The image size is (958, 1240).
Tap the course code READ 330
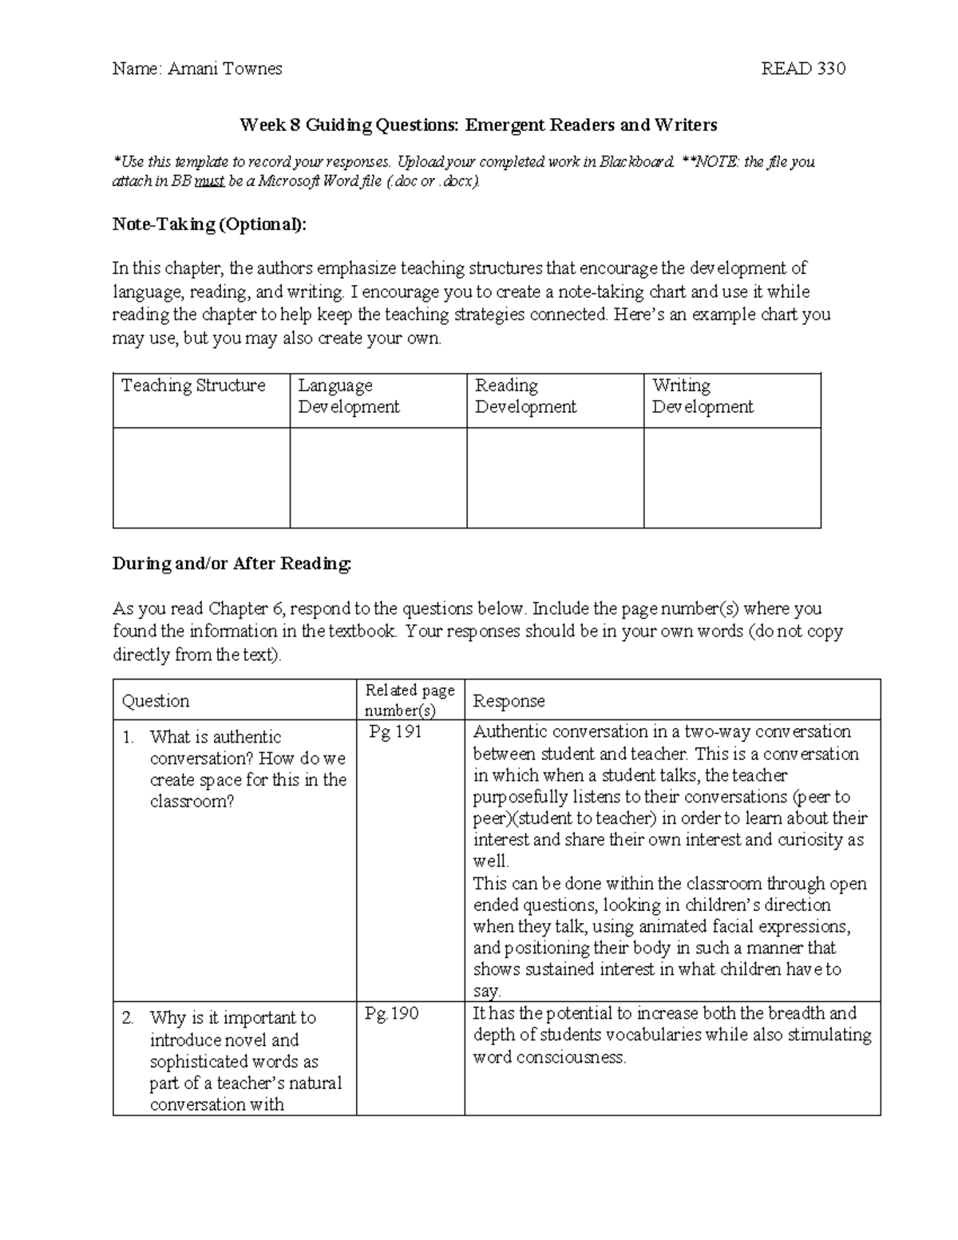point(803,69)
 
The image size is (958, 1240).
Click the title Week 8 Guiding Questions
point(478,125)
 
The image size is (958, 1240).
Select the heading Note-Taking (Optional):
point(209,224)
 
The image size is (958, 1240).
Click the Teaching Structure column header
point(193,386)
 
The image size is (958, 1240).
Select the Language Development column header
point(348,396)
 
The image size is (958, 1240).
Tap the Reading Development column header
point(525,396)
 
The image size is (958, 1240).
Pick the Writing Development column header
point(703,396)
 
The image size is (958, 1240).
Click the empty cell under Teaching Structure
point(201,477)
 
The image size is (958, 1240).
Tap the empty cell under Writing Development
point(732,477)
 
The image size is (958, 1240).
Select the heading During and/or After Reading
point(232,564)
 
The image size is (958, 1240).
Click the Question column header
point(156,701)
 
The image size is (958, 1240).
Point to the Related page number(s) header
point(410,699)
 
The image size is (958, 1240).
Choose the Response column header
point(509,701)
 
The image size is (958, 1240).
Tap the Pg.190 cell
point(392,1013)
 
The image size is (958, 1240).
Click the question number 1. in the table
point(129,738)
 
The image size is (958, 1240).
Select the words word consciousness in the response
point(549,1057)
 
